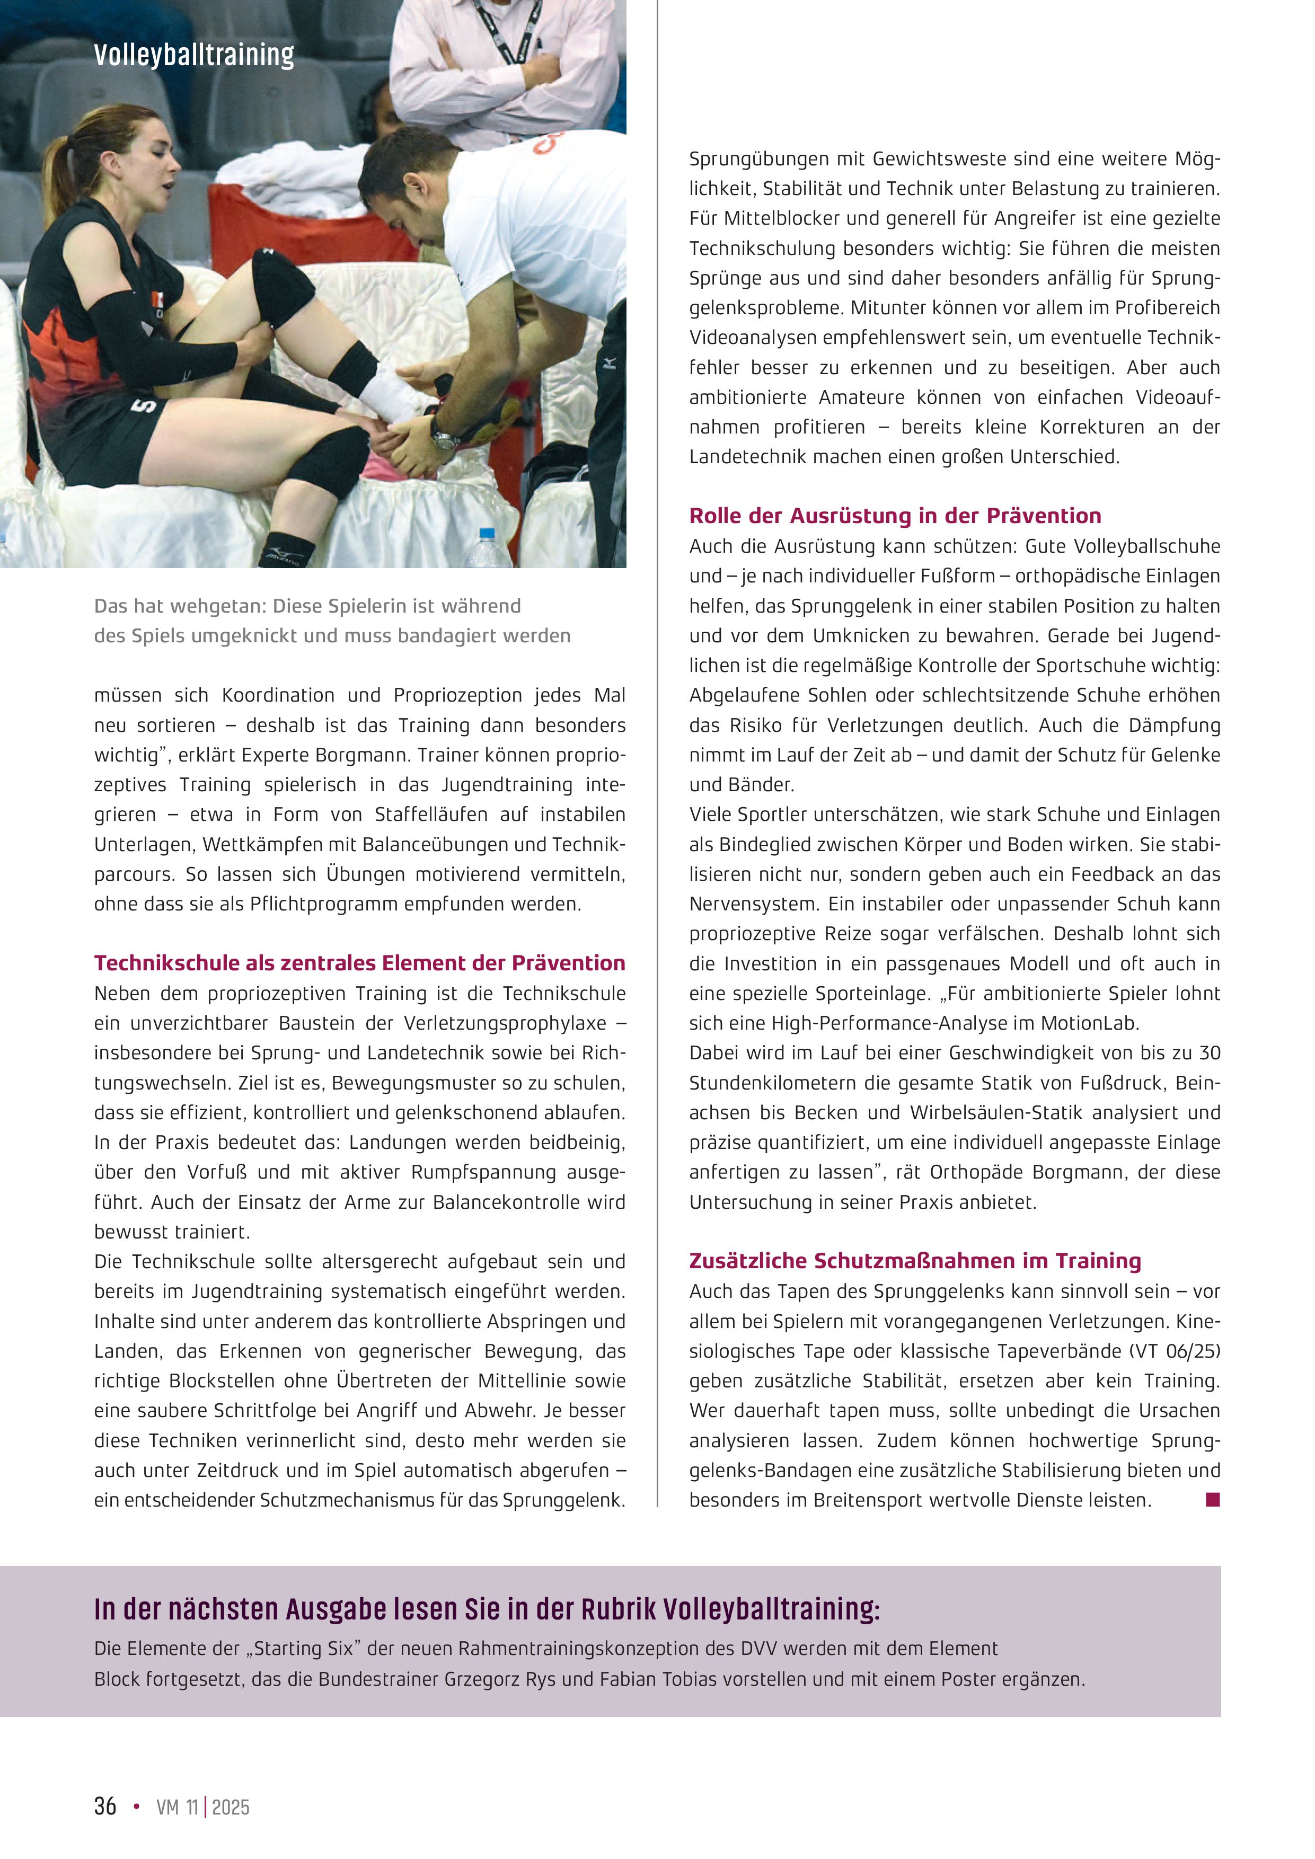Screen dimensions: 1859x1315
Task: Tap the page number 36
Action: coord(105,1807)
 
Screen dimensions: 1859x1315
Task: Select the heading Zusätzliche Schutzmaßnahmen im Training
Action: coord(915,1261)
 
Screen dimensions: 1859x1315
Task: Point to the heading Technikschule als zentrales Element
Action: coord(359,963)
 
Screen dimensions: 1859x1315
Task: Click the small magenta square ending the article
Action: coord(1212,1500)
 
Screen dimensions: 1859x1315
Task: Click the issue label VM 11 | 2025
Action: coord(202,1807)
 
